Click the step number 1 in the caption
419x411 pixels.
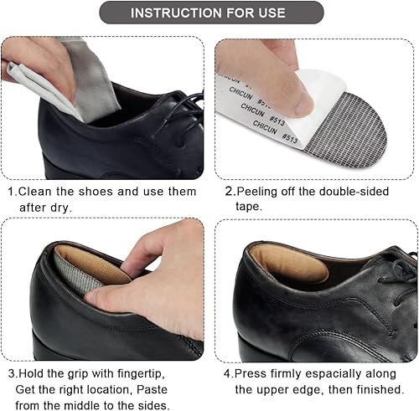11,192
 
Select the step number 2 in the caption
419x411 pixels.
229,192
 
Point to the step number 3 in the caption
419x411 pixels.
11,372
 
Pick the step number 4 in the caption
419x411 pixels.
229,372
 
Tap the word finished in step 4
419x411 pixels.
380,388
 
